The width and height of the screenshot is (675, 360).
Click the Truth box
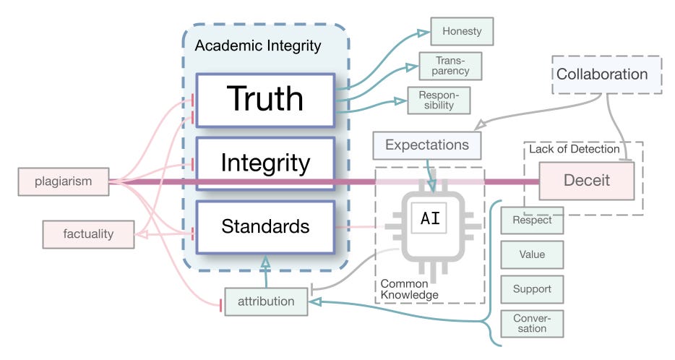(x=265, y=99)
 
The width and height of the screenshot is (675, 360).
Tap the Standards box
(x=265, y=226)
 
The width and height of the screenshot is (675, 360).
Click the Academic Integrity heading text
(x=257, y=46)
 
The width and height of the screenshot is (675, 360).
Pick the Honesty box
(x=462, y=31)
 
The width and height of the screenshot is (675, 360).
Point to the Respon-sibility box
(x=439, y=100)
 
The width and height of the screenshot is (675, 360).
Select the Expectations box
(x=426, y=145)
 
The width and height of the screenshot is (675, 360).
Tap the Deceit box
(x=586, y=181)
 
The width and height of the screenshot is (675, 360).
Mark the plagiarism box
(x=64, y=181)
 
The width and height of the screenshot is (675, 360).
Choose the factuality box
(x=88, y=234)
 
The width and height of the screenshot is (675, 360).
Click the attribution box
(x=266, y=301)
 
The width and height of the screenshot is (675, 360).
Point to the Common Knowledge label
(x=409, y=289)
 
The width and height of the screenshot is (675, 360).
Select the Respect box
(x=532, y=221)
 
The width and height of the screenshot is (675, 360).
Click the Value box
(x=532, y=254)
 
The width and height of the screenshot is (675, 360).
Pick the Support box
(x=532, y=289)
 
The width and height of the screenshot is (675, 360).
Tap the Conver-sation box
(x=532, y=323)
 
